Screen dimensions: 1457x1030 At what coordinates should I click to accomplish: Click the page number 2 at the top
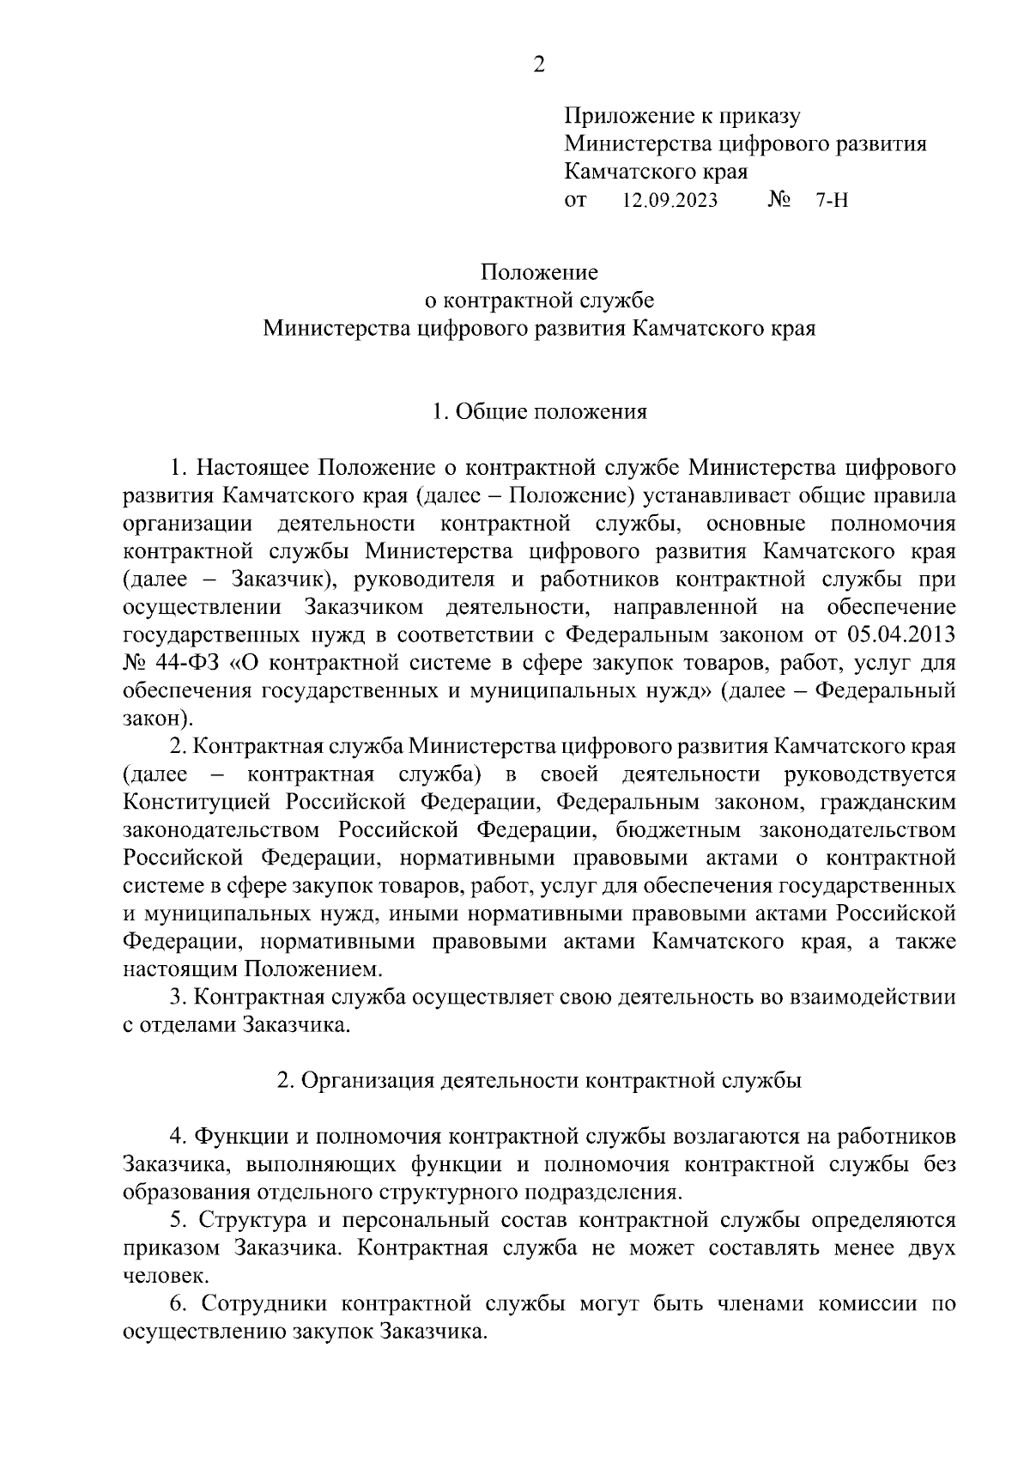click(x=538, y=64)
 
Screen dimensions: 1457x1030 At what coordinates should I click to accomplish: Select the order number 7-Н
click(x=832, y=201)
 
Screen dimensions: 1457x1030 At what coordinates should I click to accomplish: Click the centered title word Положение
click(x=539, y=272)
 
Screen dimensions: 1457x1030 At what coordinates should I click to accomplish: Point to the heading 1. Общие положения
click(x=539, y=412)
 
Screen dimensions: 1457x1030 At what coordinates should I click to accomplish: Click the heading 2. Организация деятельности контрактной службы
click(x=539, y=1080)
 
